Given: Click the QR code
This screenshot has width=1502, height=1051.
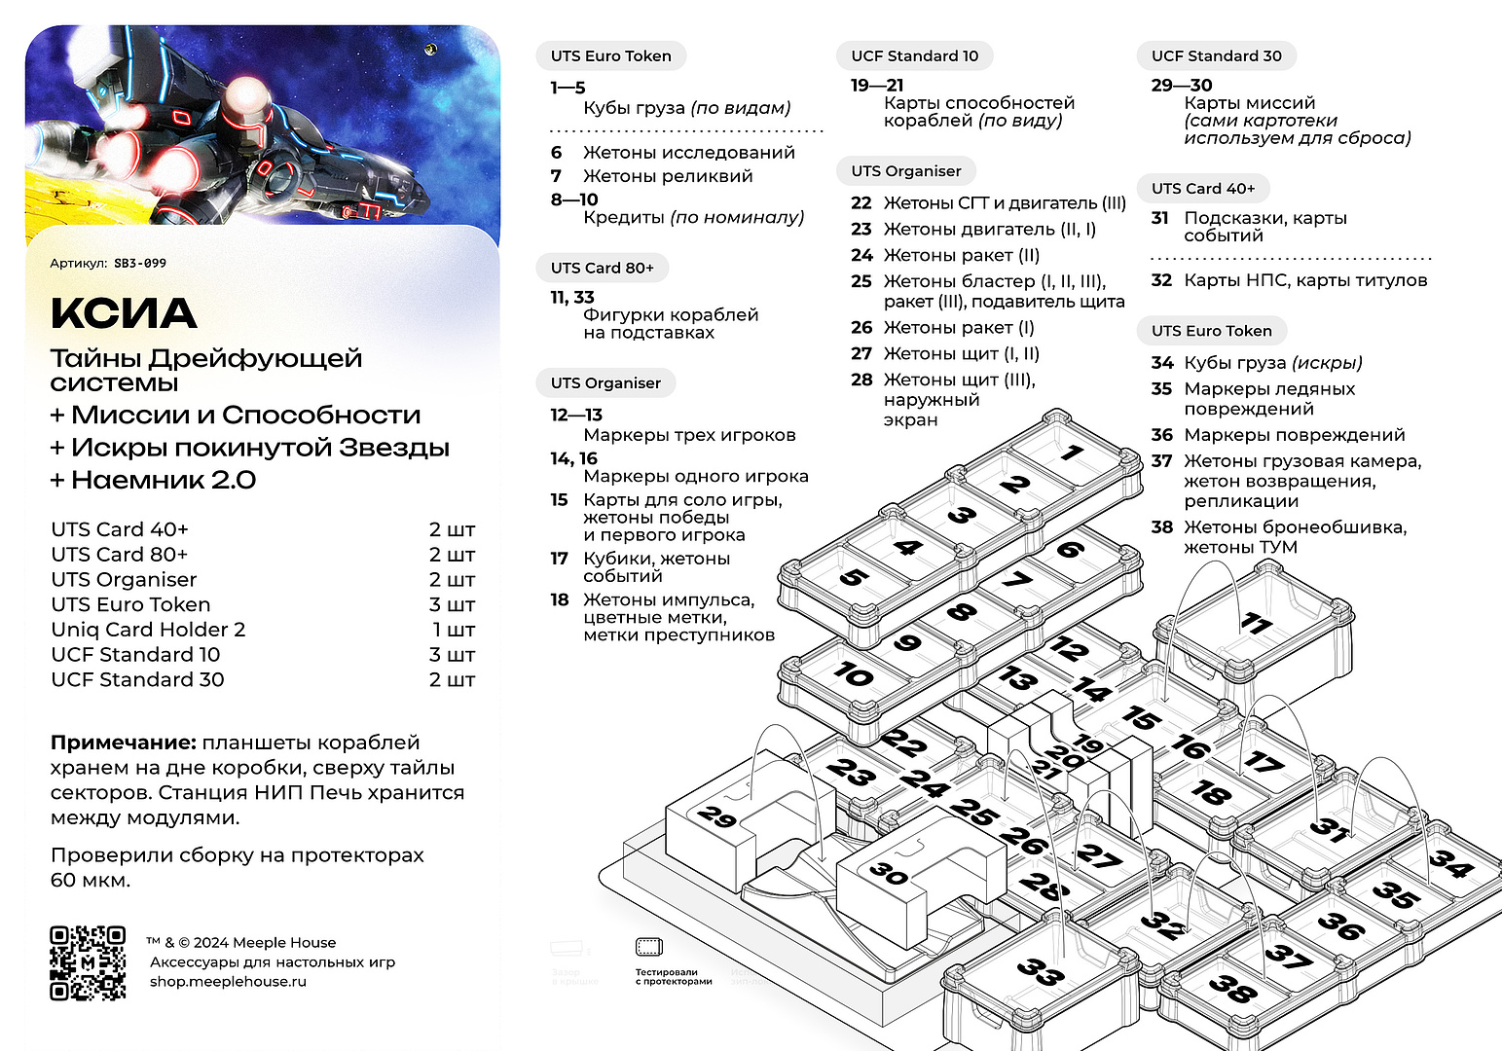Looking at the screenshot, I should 88,962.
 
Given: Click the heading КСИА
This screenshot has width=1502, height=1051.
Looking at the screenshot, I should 124,313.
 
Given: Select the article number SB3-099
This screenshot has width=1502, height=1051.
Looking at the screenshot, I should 140,264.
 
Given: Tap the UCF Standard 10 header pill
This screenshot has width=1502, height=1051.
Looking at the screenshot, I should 914,56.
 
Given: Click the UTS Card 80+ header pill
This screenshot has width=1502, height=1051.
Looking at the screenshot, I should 602,268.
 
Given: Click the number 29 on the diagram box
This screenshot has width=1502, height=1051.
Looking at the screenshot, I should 717,816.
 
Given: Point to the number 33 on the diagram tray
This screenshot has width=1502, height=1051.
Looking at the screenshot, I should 1041,971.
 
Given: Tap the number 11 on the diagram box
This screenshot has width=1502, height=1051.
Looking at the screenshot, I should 1256,623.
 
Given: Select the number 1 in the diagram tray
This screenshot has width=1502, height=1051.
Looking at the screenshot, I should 1072,453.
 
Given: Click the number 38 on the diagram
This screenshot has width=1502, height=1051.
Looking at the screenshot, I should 1232,989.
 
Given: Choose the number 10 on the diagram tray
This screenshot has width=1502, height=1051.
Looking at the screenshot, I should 853,673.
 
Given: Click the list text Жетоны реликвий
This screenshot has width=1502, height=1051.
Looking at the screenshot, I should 668,176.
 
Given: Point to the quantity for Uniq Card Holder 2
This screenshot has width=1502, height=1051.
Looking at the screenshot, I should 453,630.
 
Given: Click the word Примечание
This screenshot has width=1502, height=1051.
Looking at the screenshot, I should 124,743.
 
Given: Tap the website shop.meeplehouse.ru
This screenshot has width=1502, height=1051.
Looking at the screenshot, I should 228,981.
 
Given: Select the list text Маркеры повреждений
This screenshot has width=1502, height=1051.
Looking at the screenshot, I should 1294,435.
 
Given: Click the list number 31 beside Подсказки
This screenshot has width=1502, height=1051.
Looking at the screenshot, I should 1159,218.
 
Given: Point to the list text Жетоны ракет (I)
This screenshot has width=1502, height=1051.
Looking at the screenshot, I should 958,328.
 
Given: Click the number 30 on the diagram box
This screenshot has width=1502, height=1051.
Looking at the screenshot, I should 888,873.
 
